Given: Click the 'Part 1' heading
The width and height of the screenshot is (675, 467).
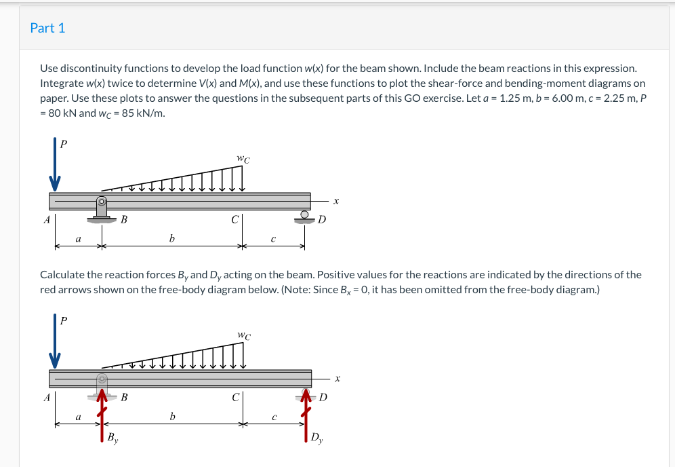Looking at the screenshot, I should click(47, 28).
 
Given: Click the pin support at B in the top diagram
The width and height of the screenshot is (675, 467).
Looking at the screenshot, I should click(102, 209).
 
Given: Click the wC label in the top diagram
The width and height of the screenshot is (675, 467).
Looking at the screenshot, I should click(243, 160).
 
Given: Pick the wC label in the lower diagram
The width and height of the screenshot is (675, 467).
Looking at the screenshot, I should click(244, 335).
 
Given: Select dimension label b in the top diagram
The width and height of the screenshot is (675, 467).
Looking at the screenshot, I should click(172, 238).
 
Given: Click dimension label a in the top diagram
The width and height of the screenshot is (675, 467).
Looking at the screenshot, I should click(78, 238).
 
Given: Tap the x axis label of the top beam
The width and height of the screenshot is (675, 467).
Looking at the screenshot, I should click(335, 201).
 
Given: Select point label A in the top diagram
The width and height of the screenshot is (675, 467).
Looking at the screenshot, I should click(46, 219).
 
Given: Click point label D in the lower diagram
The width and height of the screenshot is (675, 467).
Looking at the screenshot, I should click(323, 397).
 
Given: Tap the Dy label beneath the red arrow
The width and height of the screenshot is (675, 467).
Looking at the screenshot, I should click(317, 438).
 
